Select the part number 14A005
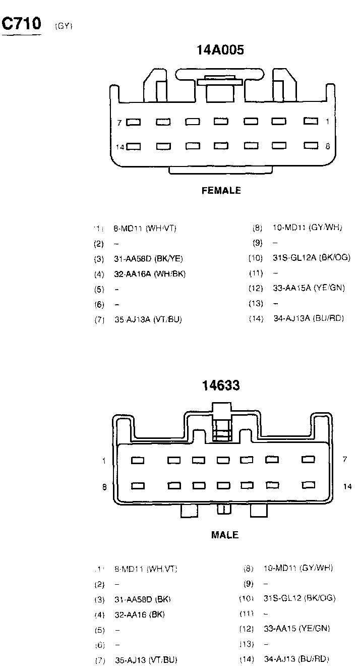click(220, 49)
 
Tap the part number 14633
click(221, 386)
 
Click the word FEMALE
click(221, 191)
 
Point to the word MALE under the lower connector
click(225, 535)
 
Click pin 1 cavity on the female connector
click(311, 121)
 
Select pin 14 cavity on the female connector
click(134, 147)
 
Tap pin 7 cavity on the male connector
click(308, 460)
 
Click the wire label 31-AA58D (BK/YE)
click(148, 259)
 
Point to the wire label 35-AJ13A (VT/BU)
click(148, 320)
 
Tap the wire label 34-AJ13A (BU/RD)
click(309, 319)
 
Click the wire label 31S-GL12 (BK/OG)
click(299, 598)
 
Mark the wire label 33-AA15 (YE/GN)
click(297, 629)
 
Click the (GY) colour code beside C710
click(64, 27)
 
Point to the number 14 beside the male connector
click(347, 486)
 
